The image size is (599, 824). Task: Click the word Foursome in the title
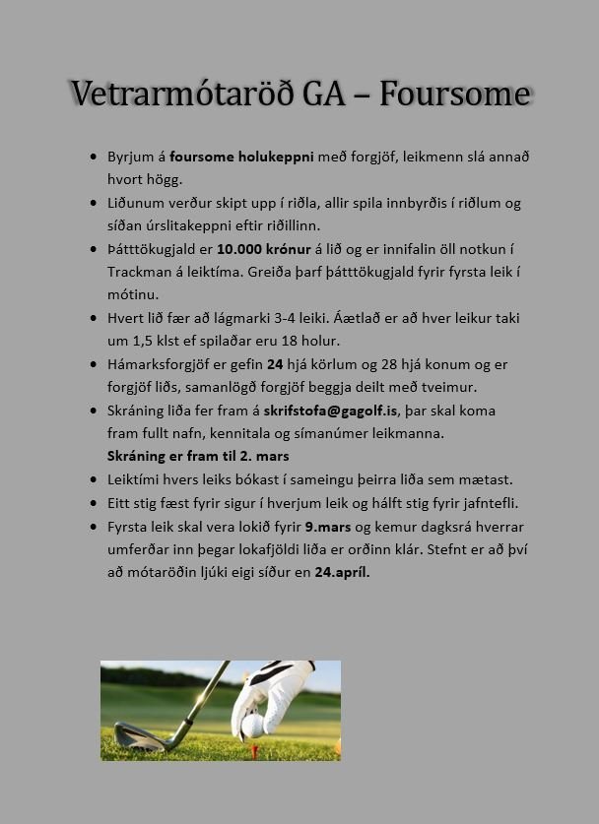(x=455, y=94)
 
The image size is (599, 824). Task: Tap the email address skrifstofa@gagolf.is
(x=330, y=411)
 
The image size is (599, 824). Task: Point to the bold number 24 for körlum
(x=275, y=364)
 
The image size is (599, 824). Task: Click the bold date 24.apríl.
(x=342, y=572)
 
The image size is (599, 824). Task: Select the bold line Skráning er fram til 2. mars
(x=198, y=457)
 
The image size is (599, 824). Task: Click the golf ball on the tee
(x=253, y=727)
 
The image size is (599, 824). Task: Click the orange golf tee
(x=253, y=750)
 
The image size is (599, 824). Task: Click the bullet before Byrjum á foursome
(x=94, y=157)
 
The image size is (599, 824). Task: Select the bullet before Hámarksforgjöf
(x=94, y=364)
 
